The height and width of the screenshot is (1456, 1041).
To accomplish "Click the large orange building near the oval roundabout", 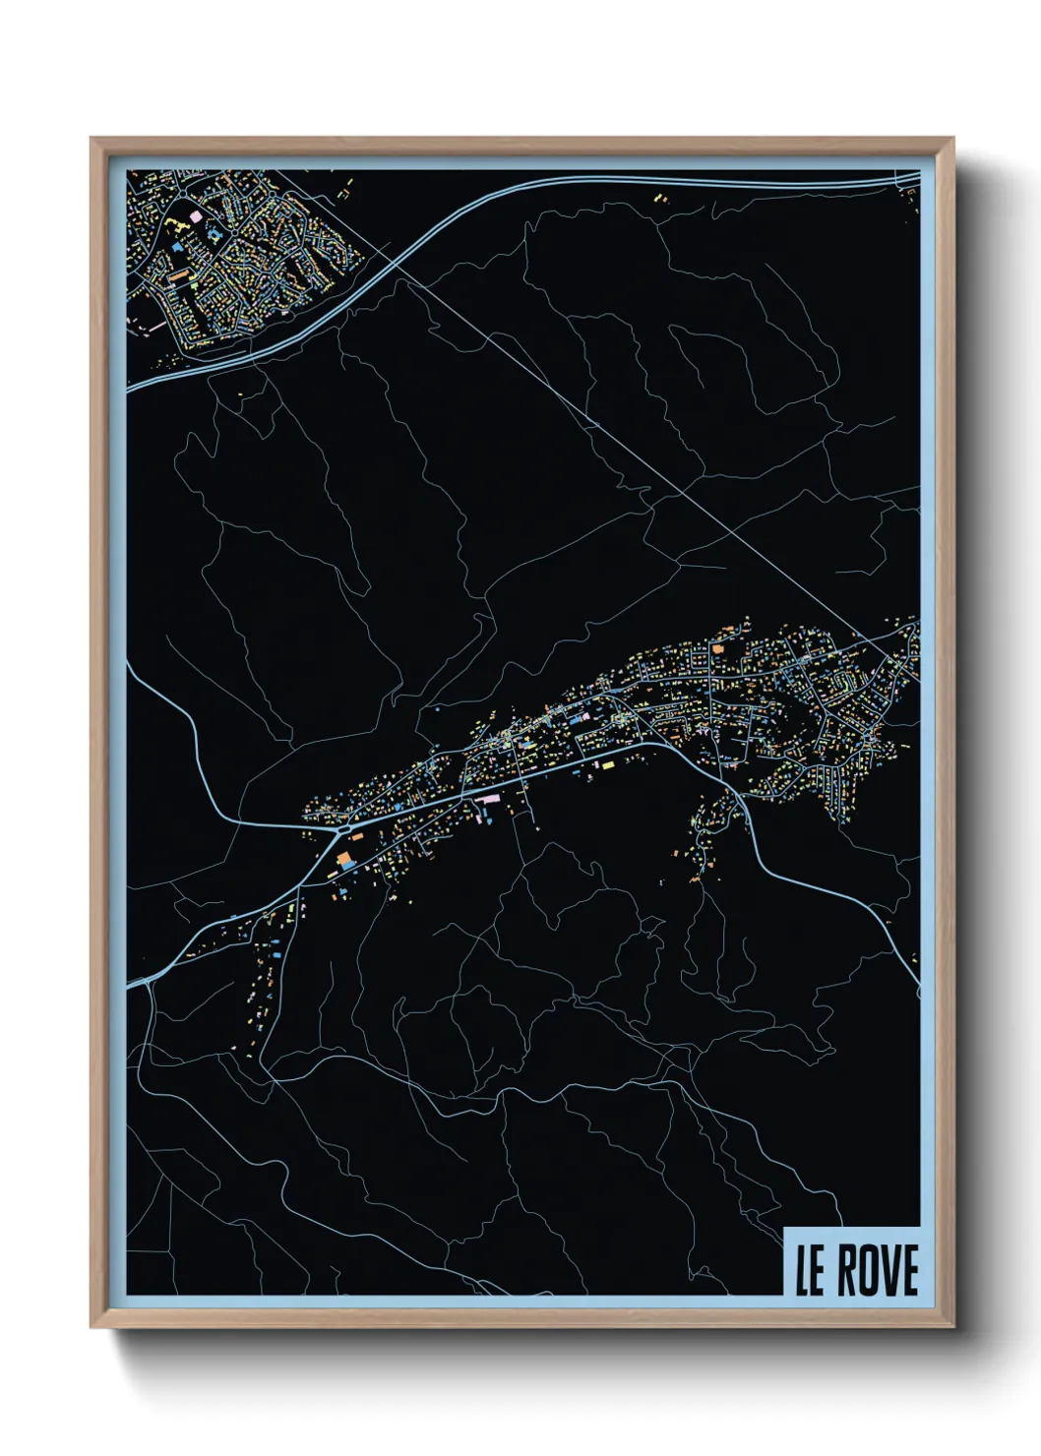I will (344, 861).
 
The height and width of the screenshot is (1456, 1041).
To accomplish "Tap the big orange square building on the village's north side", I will (717, 648).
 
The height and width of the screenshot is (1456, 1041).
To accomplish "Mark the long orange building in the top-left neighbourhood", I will (178, 277).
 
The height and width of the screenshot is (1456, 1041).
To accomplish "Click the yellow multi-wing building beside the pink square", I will (214, 234).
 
